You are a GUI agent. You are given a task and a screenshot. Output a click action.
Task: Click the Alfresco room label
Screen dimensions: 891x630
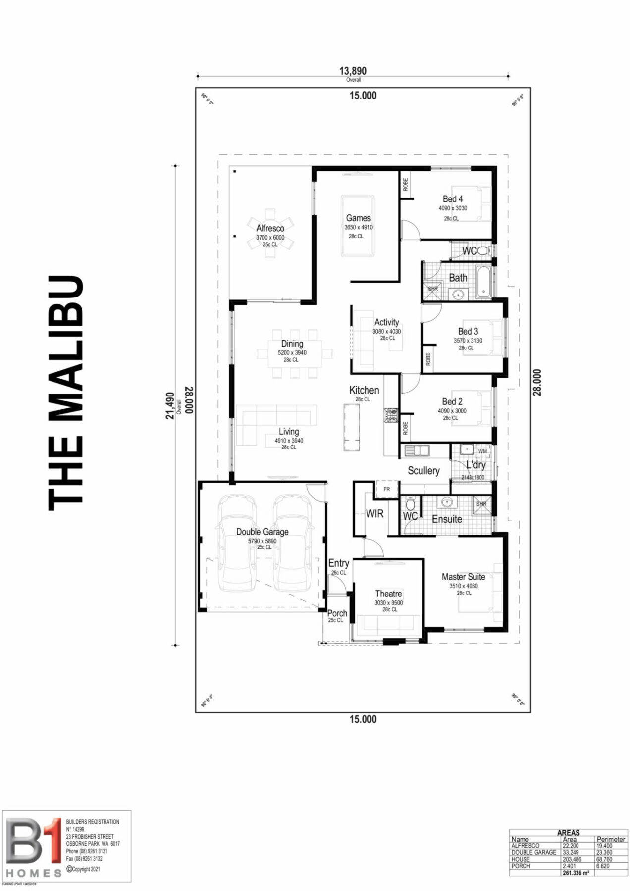[270, 228]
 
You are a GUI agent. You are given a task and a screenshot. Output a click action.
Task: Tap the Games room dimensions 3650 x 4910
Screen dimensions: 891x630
[359, 228]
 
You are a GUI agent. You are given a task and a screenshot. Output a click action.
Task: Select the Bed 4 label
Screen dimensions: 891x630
[453, 199]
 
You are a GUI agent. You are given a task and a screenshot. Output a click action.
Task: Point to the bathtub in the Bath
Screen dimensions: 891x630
[483, 282]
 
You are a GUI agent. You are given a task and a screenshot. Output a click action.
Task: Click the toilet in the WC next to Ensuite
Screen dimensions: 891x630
[410, 505]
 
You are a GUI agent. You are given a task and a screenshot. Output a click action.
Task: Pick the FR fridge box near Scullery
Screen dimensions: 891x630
[387, 489]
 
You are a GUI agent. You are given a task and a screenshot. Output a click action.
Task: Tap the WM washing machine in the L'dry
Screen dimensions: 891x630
[482, 451]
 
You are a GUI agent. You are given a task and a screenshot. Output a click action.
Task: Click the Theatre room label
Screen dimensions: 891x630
[388, 594]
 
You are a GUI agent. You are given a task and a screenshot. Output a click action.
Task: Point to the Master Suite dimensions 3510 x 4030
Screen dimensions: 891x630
[464, 586]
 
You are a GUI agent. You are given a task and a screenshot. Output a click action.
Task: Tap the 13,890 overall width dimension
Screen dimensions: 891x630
[353, 71]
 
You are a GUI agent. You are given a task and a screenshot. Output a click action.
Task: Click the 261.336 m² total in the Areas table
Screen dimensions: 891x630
[576, 873]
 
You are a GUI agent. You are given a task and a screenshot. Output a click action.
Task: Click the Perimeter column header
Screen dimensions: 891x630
[611, 840]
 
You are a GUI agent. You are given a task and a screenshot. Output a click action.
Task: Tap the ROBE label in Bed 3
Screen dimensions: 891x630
[428, 359]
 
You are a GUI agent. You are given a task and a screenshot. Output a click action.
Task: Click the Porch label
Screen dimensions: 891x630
[337, 613]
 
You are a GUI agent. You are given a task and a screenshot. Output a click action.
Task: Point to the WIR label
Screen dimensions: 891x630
[374, 514]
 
